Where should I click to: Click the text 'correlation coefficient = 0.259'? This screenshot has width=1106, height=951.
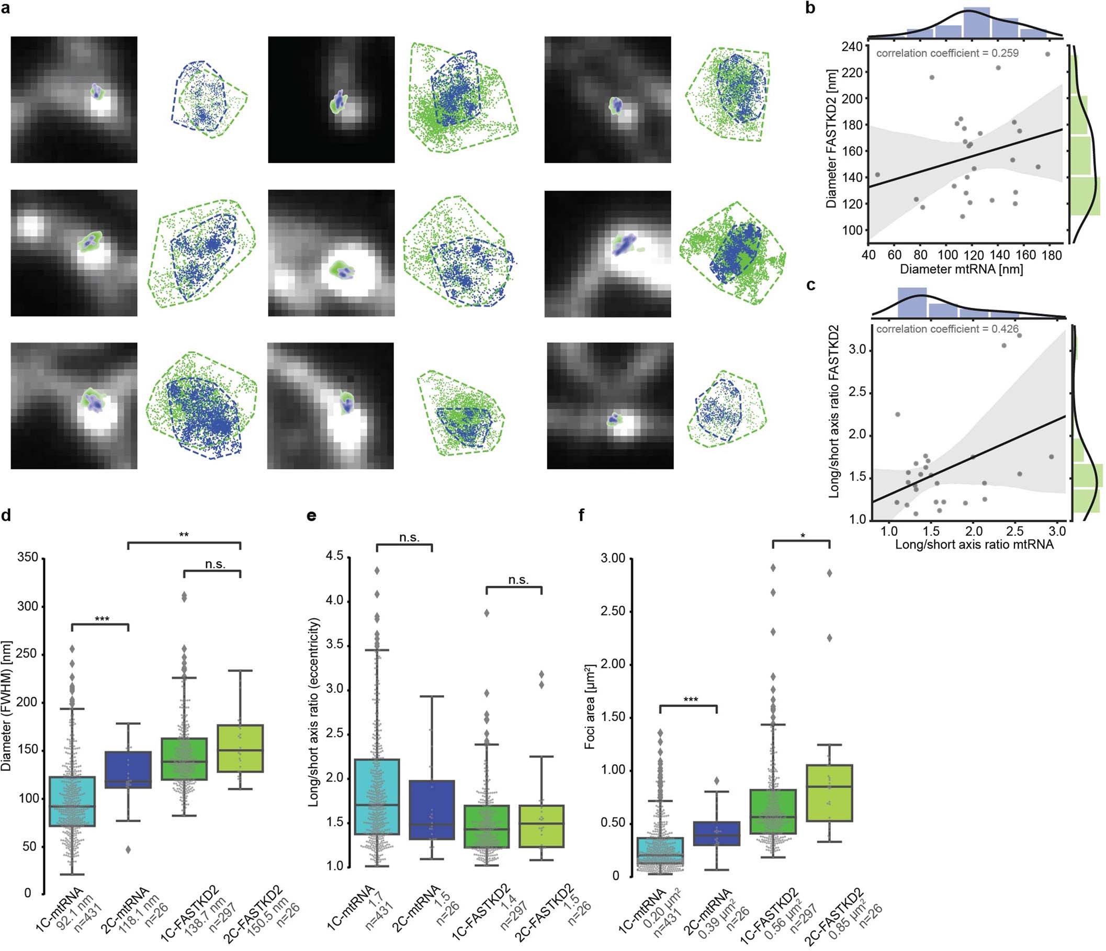coord(947,53)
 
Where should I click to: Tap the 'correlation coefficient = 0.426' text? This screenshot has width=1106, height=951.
coord(947,329)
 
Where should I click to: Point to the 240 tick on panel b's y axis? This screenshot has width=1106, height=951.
coord(851,47)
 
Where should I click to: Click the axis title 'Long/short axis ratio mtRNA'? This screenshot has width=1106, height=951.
coord(974,545)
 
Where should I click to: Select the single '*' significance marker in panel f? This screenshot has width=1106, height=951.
coord(803,536)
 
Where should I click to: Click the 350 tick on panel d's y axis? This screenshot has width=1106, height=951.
coord(28,557)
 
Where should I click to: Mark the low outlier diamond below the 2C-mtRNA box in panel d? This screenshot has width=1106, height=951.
coord(128,849)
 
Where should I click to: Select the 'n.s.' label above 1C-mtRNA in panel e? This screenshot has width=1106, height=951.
coord(409,538)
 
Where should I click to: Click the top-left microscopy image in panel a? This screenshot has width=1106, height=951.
coord(74,99)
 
